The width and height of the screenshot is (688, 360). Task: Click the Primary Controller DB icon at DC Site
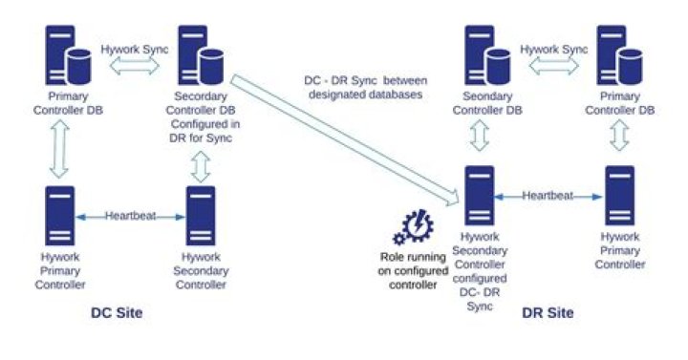pyautogui.click(x=70, y=54)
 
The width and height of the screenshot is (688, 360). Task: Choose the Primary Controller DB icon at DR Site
pyautogui.click(x=620, y=57)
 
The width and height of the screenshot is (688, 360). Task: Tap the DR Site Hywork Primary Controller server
pyautogui.click(x=620, y=196)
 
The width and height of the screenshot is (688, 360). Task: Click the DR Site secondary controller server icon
pyautogui.click(x=478, y=196)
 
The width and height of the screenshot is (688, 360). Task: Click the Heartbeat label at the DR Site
pyautogui.click(x=548, y=196)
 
